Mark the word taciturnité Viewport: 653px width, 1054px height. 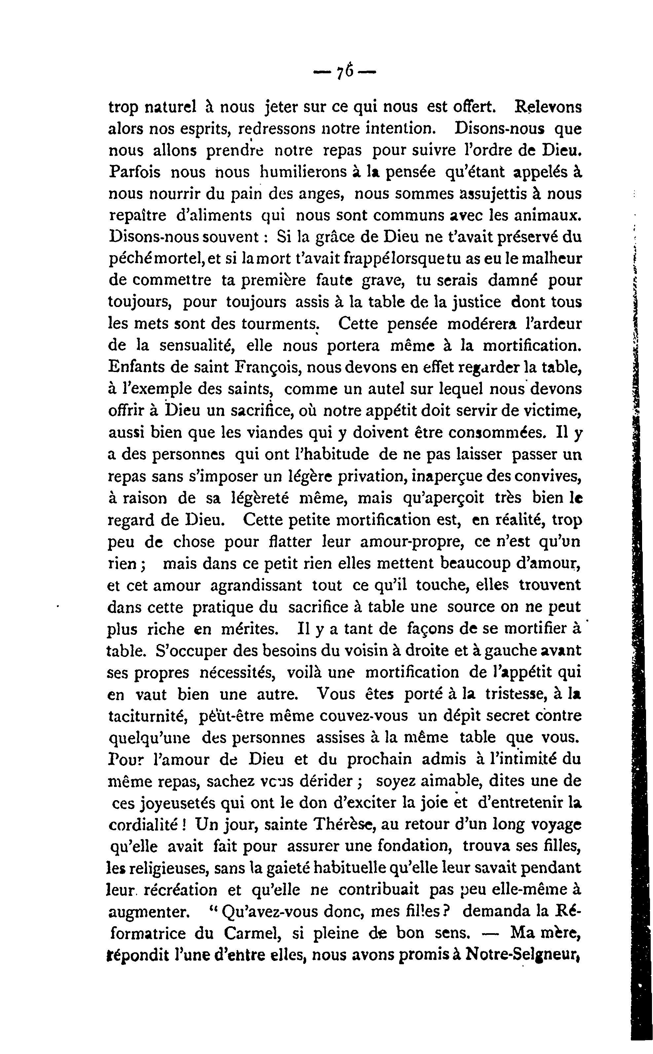coord(147,716)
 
